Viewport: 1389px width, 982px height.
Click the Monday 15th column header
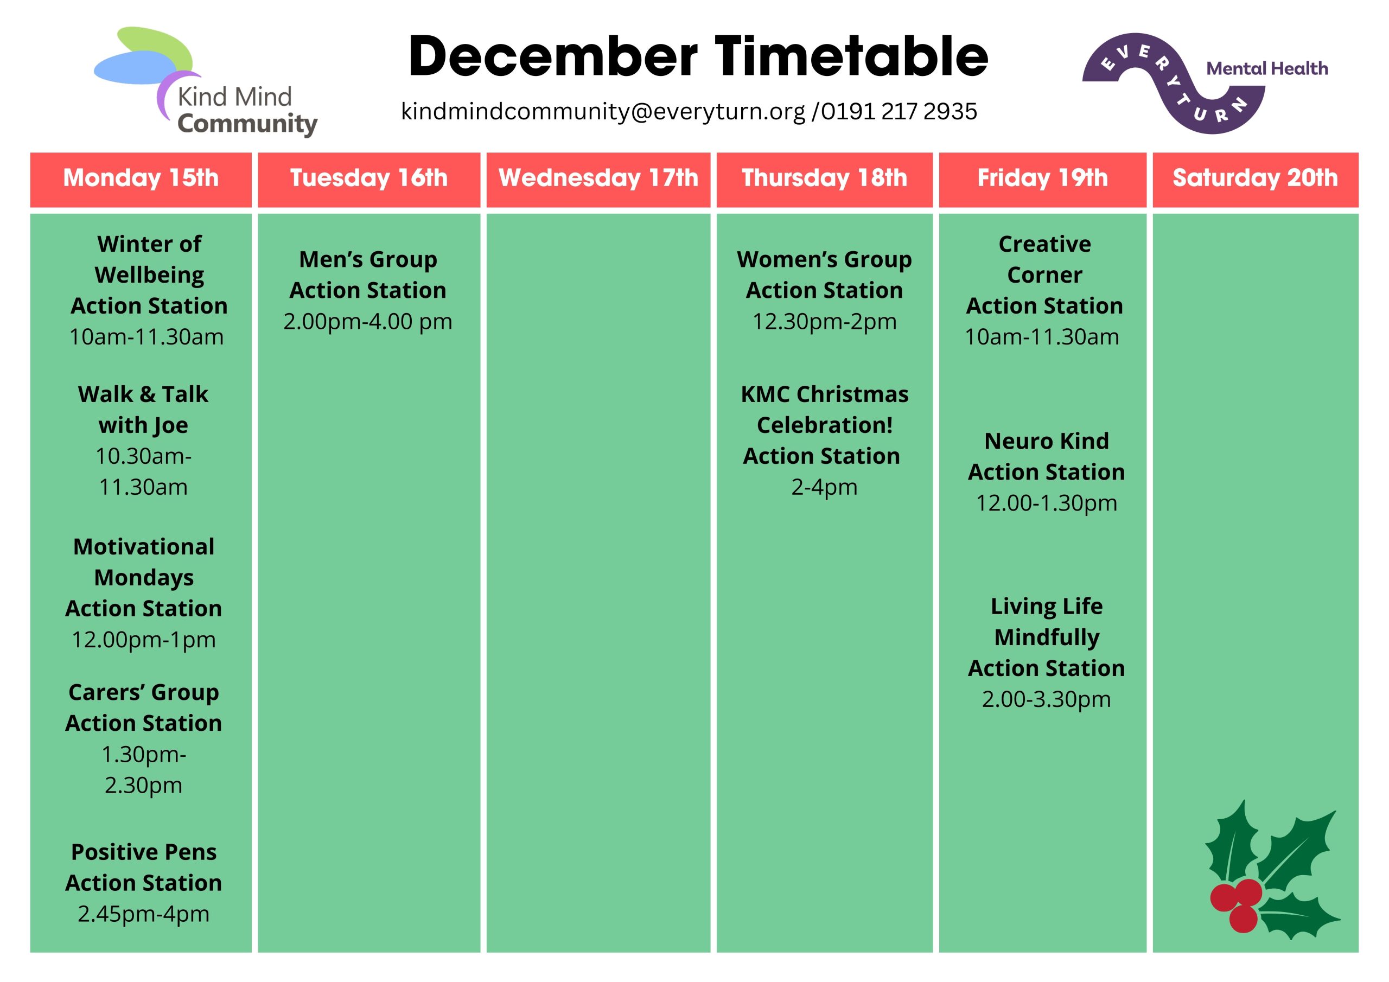[141, 178]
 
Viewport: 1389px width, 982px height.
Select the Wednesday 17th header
[598, 178]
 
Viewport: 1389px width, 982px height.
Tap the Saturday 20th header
[1256, 178]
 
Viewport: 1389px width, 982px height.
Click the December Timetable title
[698, 56]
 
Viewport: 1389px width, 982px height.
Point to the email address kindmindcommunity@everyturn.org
[603, 112]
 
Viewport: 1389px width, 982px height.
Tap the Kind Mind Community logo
[206, 82]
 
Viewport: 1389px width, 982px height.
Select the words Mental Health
[1267, 68]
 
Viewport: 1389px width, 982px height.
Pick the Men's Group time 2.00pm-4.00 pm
[368, 322]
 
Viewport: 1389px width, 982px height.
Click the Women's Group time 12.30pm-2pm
[825, 322]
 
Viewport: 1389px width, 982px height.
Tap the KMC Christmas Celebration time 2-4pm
[825, 487]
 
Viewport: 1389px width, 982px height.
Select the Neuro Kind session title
[1047, 441]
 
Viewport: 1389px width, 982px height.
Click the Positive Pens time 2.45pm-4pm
[143, 914]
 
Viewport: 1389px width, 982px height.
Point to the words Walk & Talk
[143, 394]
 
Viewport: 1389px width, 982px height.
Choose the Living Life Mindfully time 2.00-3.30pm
[1047, 699]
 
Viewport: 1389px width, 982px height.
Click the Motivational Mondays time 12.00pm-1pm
[143, 640]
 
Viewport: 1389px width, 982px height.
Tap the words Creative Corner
[1045, 259]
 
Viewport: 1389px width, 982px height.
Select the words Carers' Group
[143, 693]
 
